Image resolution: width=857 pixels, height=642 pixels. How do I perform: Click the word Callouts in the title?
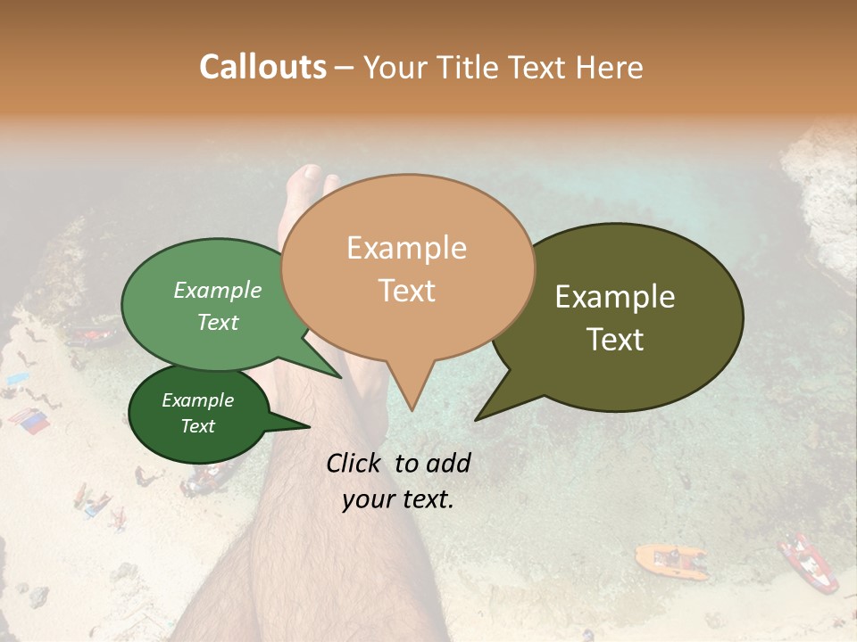click(x=262, y=67)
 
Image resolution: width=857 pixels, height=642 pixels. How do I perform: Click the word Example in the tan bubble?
click(x=406, y=248)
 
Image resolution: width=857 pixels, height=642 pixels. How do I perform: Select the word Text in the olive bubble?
click(x=615, y=340)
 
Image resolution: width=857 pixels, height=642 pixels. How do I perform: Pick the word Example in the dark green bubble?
click(x=197, y=400)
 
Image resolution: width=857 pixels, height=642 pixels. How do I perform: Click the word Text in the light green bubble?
click(x=217, y=323)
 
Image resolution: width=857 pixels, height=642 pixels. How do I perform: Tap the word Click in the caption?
click(x=355, y=463)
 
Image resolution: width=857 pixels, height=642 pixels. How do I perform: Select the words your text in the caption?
click(x=397, y=499)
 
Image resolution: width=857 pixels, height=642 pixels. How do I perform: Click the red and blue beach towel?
click(x=29, y=420)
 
